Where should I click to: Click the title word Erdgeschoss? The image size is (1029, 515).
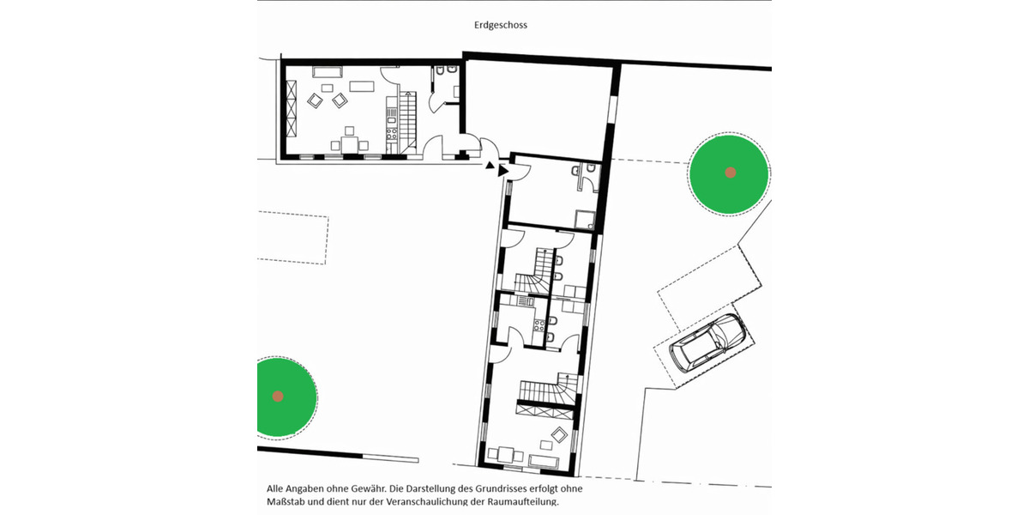[x=501, y=25]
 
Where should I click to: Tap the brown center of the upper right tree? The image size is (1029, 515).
[x=730, y=173]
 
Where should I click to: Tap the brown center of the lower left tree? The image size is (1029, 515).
[x=278, y=396]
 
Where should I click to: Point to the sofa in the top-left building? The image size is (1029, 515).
[x=327, y=72]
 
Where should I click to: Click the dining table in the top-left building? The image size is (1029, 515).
[x=348, y=143]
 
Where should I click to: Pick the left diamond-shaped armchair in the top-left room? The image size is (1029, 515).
[x=315, y=101]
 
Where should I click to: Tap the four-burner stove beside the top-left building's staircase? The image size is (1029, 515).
[x=391, y=134]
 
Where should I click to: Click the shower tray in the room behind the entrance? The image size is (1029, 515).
[x=585, y=221]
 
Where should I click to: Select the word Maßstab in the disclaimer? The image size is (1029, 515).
[x=286, y=501]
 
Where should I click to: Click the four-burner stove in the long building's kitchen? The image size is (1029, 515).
[x=540, y=325]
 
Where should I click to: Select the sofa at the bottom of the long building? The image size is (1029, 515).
[x=545, y=463]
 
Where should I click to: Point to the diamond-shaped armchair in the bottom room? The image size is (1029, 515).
[x=559, y=434]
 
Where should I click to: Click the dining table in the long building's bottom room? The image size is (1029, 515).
[x=507, y=455]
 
